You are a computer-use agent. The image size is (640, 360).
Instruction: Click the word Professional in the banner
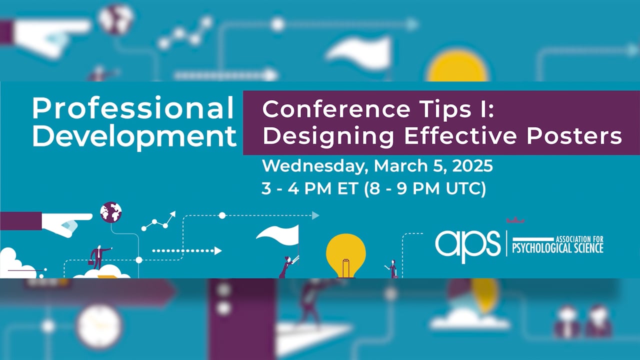pyautogui.click(x=133, y=108)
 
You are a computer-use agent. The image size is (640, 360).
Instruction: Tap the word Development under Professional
pyautogui.click(x=134, y=136)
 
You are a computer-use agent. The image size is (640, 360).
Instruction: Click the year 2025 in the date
pyautogui.click(x=472, y=166)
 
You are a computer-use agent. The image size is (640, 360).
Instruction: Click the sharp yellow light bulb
pyautogui.click(x=345, y=253)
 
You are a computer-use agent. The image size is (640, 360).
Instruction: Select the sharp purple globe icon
pyautogui.click(x=110, y=212)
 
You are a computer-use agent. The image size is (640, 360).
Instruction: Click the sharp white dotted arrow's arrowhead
pyautogui.click(x=218, y=250)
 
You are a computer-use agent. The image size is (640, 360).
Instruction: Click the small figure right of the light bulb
pyautogui.click(x=392, y=268)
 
